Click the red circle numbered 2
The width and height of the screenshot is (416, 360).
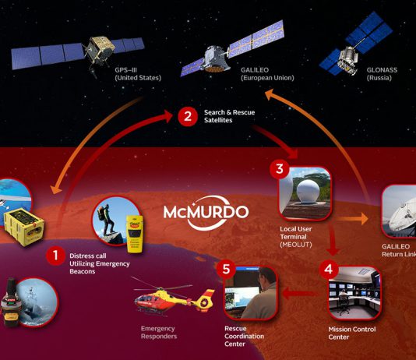point(188,116)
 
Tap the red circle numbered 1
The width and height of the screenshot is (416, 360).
point(55,256)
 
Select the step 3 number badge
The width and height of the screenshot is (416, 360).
point(280,169)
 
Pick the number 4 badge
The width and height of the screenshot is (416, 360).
point(329,269)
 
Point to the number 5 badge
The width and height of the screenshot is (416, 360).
point(226,269)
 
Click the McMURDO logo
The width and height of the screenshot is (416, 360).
point(206,213)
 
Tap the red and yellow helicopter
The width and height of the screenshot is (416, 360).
point(174,297)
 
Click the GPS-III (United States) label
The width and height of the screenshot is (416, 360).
point(138,74)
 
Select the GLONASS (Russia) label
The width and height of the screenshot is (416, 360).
point(382,74)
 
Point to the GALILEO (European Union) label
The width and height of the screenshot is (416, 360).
point(267,74)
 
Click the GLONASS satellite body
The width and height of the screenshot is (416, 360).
point(347,59)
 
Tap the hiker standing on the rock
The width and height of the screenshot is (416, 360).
point(106,220)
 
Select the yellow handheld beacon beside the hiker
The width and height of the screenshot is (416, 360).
point(135,234)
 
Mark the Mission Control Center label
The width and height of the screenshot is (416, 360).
point(352,333)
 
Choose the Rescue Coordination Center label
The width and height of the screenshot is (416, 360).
point(244,336)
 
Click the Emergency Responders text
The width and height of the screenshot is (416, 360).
point(159,333)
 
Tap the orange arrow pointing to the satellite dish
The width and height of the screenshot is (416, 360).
point(352,219)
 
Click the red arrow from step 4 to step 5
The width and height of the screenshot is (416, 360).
point(300,294)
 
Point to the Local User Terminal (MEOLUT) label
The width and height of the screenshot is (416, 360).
point(296,237)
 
